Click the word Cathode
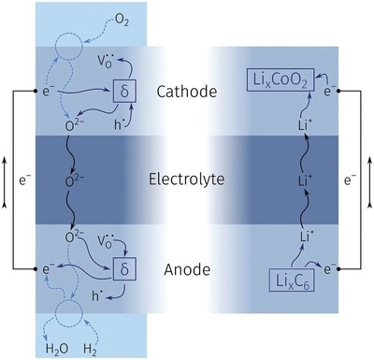point(186,92)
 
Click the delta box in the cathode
point(125,91)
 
